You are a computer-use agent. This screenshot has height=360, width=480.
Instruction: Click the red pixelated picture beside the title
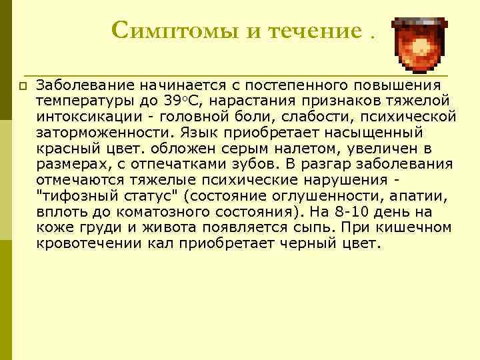tap(420, 44)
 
